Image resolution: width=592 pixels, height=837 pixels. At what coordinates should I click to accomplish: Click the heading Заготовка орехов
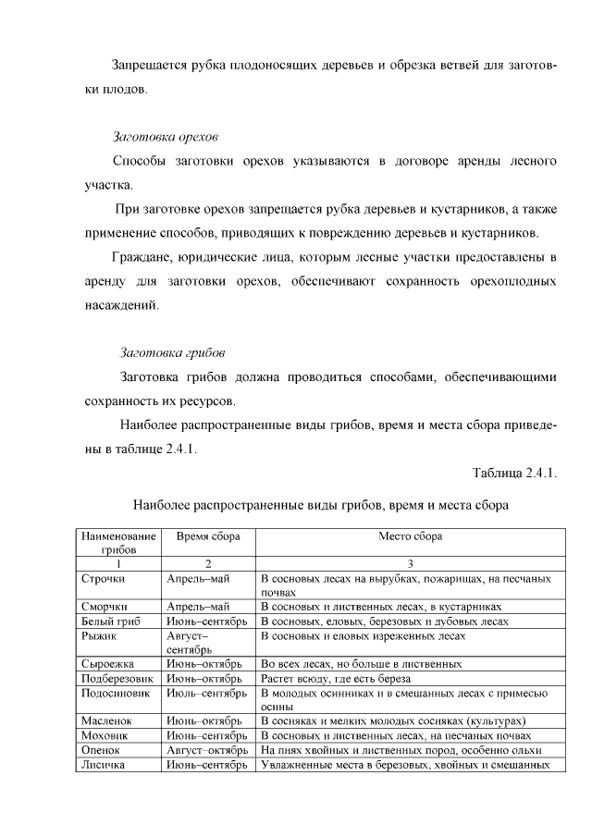coord(165,137)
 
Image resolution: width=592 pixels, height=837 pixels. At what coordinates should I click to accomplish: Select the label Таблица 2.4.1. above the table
coord(513,474)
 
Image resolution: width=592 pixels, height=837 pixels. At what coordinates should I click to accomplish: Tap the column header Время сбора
coord(207,536)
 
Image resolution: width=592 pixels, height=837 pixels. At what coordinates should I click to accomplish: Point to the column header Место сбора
coord(410,536)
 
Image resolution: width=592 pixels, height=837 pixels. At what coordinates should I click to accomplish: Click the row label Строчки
coord(103,578)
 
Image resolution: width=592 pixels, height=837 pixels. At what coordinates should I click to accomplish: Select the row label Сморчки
coord(104,607)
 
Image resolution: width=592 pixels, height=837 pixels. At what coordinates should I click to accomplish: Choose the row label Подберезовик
coord(116,679)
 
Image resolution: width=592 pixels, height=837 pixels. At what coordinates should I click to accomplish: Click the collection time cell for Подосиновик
coord(206,693)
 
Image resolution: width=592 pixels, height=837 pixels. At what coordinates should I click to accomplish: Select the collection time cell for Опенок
coord(208,750)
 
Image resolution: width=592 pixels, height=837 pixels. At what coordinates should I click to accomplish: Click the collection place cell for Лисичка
coord(407,765)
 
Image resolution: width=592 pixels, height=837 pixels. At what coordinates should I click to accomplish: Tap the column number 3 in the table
coord(410,563)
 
